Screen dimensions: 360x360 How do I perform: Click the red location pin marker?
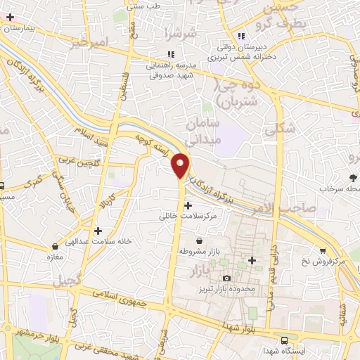(181, 165)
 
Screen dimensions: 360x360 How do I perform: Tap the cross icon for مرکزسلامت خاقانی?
(188, 206)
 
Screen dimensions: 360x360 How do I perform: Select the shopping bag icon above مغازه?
(56, 247)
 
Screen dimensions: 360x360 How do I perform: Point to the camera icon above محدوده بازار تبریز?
(226, 279)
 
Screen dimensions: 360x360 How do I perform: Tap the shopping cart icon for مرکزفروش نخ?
(322, 250)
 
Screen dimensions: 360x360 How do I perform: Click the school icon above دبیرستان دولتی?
(241, 36)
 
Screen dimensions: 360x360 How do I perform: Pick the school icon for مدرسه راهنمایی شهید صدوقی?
(170, 53)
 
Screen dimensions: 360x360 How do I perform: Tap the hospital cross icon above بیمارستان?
(10, 16)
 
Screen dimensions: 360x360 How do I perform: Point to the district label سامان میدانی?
(204, 131)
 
